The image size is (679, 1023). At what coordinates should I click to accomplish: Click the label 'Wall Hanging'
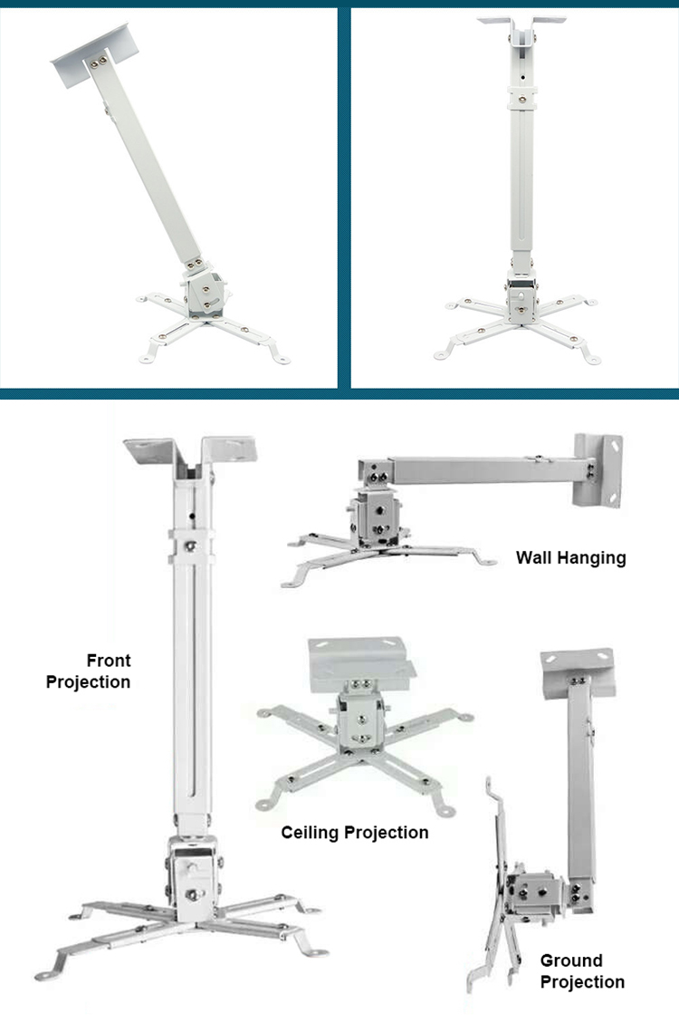[x=571, y=558]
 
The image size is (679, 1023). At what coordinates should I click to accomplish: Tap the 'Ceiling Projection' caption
[x=355, y=833]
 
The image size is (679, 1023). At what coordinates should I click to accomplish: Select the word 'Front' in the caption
[x=109, y=661]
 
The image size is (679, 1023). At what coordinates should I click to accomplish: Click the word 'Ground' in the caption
[x=571, y=960]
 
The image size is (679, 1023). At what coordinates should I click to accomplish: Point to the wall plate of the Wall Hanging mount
[x=598, y=469]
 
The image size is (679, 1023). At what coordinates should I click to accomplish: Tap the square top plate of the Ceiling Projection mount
[x=359, y=664]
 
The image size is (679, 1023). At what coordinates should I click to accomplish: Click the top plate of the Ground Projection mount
[x=578, y=672]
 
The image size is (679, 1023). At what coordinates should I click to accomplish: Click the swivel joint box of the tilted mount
[x=206, y=294]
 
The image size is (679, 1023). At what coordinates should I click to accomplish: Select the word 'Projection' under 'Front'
[x=88, y=682]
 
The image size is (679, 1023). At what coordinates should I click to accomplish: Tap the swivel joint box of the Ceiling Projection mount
[x=360, y=721]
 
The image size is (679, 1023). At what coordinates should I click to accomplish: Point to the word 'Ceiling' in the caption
[x=311, y=833]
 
